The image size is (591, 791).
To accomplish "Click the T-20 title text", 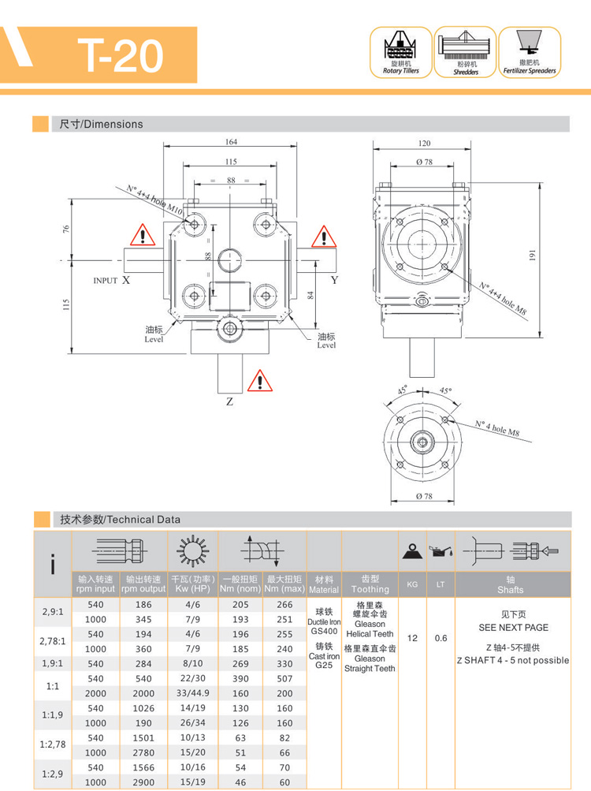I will pos(121,55).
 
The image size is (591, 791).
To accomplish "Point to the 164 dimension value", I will pos(231,142).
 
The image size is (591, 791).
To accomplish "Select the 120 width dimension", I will pos(424,144).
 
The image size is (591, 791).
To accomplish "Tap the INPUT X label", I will pos(111,280).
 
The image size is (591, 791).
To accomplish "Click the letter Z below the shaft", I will pos(229,401).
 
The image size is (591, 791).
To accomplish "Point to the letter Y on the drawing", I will pos(334,279).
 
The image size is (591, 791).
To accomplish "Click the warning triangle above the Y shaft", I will pos(323,236).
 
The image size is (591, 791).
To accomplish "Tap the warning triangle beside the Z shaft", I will pos(258,381).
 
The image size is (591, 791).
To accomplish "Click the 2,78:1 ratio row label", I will pos(52,640).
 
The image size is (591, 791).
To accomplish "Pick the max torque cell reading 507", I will pos(284,678).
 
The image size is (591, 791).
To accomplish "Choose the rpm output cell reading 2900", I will pos(143,782).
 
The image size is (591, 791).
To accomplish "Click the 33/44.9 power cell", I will pos(192,693).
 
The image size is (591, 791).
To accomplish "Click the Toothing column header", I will pos(370,584).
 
